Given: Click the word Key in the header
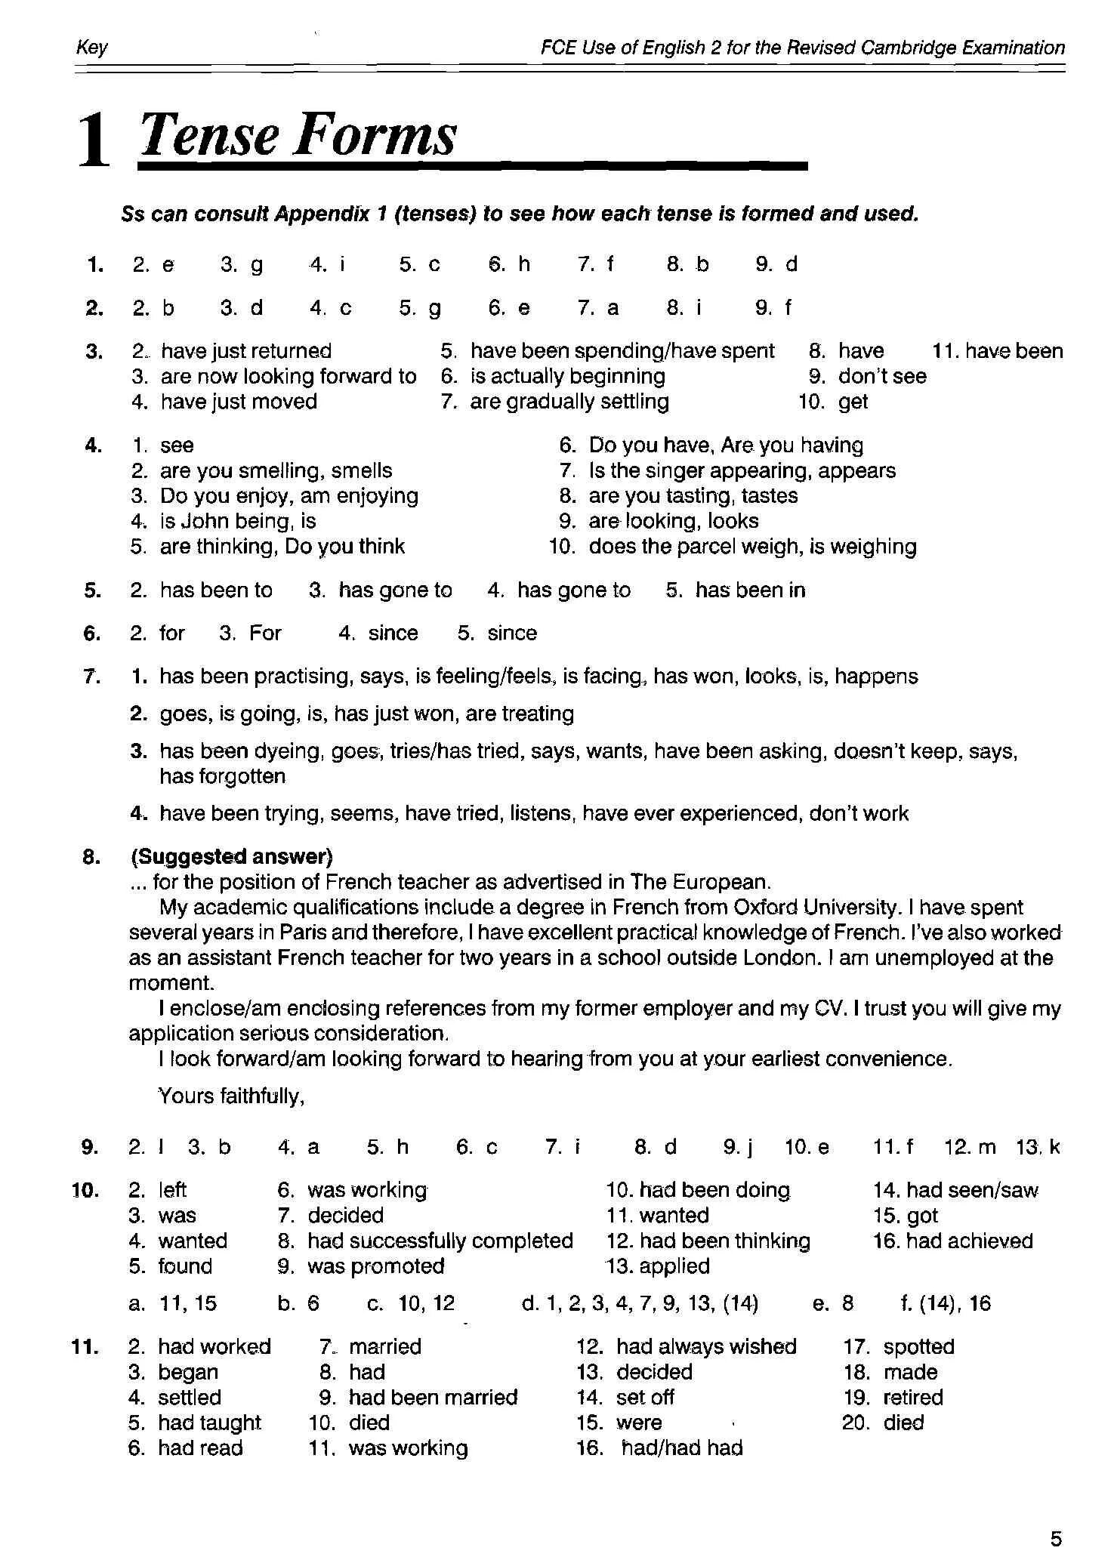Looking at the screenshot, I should pos(92,48).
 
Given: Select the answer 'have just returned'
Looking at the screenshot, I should pos(246,351).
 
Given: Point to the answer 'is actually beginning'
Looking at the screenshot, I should pos(567,376).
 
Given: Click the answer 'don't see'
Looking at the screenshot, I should pos(882,376).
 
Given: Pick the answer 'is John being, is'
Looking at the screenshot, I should pos(238,521).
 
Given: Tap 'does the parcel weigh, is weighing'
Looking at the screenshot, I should pos(752,547).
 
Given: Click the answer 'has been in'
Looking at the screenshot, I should pos(750,590).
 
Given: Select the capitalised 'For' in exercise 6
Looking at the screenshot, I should pos(265,634).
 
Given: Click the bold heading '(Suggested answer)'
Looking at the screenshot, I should pos(232,856).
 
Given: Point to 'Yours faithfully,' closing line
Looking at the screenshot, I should pos(231,1096).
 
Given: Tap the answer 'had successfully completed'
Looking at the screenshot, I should pos(440,1241).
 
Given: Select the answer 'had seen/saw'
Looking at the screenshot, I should pos(972,1191).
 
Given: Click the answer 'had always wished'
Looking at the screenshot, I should pos(706,1347).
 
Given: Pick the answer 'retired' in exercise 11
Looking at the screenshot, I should pos(913,1398).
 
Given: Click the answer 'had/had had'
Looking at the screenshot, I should pos(682,1448).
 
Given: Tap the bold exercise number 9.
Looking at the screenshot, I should pos(89,1148).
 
